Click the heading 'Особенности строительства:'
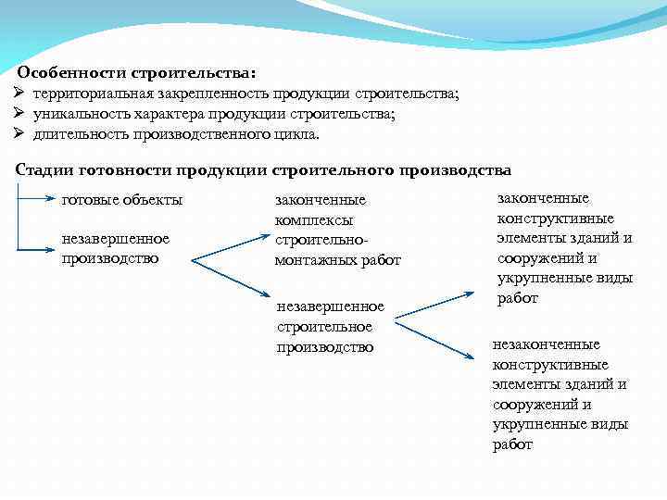(x=138, y=71)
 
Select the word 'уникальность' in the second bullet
(x=78, y=114)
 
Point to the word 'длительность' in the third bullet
(x=76, y=134)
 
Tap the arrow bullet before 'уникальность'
(x=19, y=114)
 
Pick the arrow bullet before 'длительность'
(x=19, y=134)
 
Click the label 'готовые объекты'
(x=122, y=200)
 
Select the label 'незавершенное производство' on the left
(x=115, y=248)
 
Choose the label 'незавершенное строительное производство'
(x=330, y=326)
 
